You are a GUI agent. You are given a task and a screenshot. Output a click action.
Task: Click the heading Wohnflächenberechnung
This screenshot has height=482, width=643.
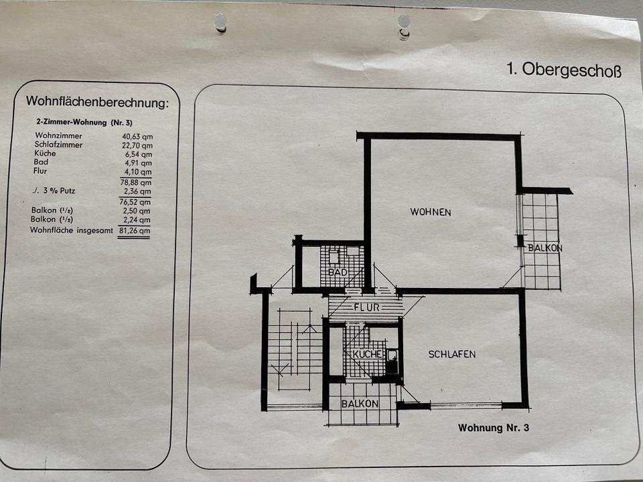(x=97, y=102)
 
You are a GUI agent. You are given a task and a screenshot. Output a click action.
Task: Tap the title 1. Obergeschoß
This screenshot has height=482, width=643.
(x=564, y=69)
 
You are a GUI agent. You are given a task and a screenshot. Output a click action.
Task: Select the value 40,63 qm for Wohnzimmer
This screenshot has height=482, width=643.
(x=137, y=137)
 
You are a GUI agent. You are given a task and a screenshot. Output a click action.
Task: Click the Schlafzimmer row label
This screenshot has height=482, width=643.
(x=58, y=145)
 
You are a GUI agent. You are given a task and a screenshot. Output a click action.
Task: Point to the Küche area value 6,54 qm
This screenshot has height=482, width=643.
(x=139, y=155)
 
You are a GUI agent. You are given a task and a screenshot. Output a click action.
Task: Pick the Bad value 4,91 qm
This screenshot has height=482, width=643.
(x=138, y=163)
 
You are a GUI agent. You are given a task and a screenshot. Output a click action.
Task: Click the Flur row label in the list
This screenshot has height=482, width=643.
(x=40, y=171)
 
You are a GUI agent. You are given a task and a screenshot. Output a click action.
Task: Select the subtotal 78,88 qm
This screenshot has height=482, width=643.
(x=136, y=182)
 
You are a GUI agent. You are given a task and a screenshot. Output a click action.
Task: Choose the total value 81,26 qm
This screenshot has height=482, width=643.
(x=135, y=230)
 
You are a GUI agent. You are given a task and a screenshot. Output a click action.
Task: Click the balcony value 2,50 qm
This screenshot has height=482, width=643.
(x=137, y=211)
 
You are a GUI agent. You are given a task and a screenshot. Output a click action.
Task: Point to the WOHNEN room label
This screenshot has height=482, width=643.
(x=431, y=212)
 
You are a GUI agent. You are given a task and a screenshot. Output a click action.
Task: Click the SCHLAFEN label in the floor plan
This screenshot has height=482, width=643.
(x=452, y=354)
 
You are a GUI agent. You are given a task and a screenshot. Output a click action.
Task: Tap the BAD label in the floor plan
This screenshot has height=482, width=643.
(x=338, y=272)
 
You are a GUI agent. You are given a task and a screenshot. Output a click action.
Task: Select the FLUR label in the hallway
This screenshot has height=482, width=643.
(x=366, y=307)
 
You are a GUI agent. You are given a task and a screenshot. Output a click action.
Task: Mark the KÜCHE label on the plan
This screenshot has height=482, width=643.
(x=368, y=353)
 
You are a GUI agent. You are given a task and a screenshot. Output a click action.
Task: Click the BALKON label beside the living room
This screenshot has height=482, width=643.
(x=545, y=248)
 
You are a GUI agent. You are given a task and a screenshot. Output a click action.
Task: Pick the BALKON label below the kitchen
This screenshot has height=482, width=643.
(x=360, y=404)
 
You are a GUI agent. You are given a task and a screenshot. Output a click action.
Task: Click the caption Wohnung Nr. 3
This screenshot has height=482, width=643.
(x=494, y=428)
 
